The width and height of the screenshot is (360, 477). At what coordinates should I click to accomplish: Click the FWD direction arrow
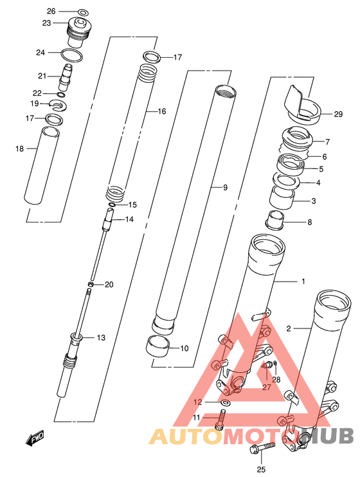tap(34, 438)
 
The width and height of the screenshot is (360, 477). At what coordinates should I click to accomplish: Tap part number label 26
tap(51, 12)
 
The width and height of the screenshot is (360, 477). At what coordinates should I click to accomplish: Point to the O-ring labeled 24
tap(72, 55)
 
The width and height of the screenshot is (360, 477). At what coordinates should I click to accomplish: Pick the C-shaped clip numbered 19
tap(58, 105)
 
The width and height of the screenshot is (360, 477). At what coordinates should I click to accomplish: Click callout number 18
tap(20, 148)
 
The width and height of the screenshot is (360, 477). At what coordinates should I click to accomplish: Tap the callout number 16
tap(162, 112)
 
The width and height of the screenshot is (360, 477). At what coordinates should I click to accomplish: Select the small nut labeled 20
tap(91, 284)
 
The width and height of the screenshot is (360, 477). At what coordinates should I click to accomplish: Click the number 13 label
tap(101, 337)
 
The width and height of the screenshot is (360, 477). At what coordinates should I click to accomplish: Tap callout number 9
tap(225, 188)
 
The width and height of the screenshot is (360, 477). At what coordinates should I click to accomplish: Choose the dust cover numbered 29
tap(302, 105)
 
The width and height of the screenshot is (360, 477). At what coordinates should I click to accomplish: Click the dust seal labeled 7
tap(296, 138)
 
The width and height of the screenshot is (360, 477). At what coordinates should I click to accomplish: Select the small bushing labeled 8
tap(274, 220)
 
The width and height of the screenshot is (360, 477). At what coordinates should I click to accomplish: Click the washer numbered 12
tap(226, 403)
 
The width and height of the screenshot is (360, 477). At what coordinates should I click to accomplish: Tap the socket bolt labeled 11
tap(221, 420)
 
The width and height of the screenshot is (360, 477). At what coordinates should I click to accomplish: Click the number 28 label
tap(276, 380)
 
